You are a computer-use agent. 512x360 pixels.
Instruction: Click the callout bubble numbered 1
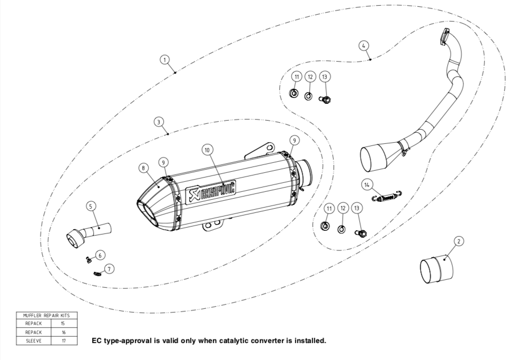(165, 60)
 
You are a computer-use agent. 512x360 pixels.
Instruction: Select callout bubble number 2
(459, 241)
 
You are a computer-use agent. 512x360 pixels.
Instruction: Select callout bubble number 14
(367, 183)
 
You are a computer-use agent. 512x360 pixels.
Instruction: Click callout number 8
(143, 168)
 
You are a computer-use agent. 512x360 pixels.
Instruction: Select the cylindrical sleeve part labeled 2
(437, 269)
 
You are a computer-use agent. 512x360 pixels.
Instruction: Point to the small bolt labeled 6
(88, 258)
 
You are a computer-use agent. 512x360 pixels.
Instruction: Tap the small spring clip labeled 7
(97, 273)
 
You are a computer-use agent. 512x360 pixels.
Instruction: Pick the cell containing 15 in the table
(64, 324)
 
